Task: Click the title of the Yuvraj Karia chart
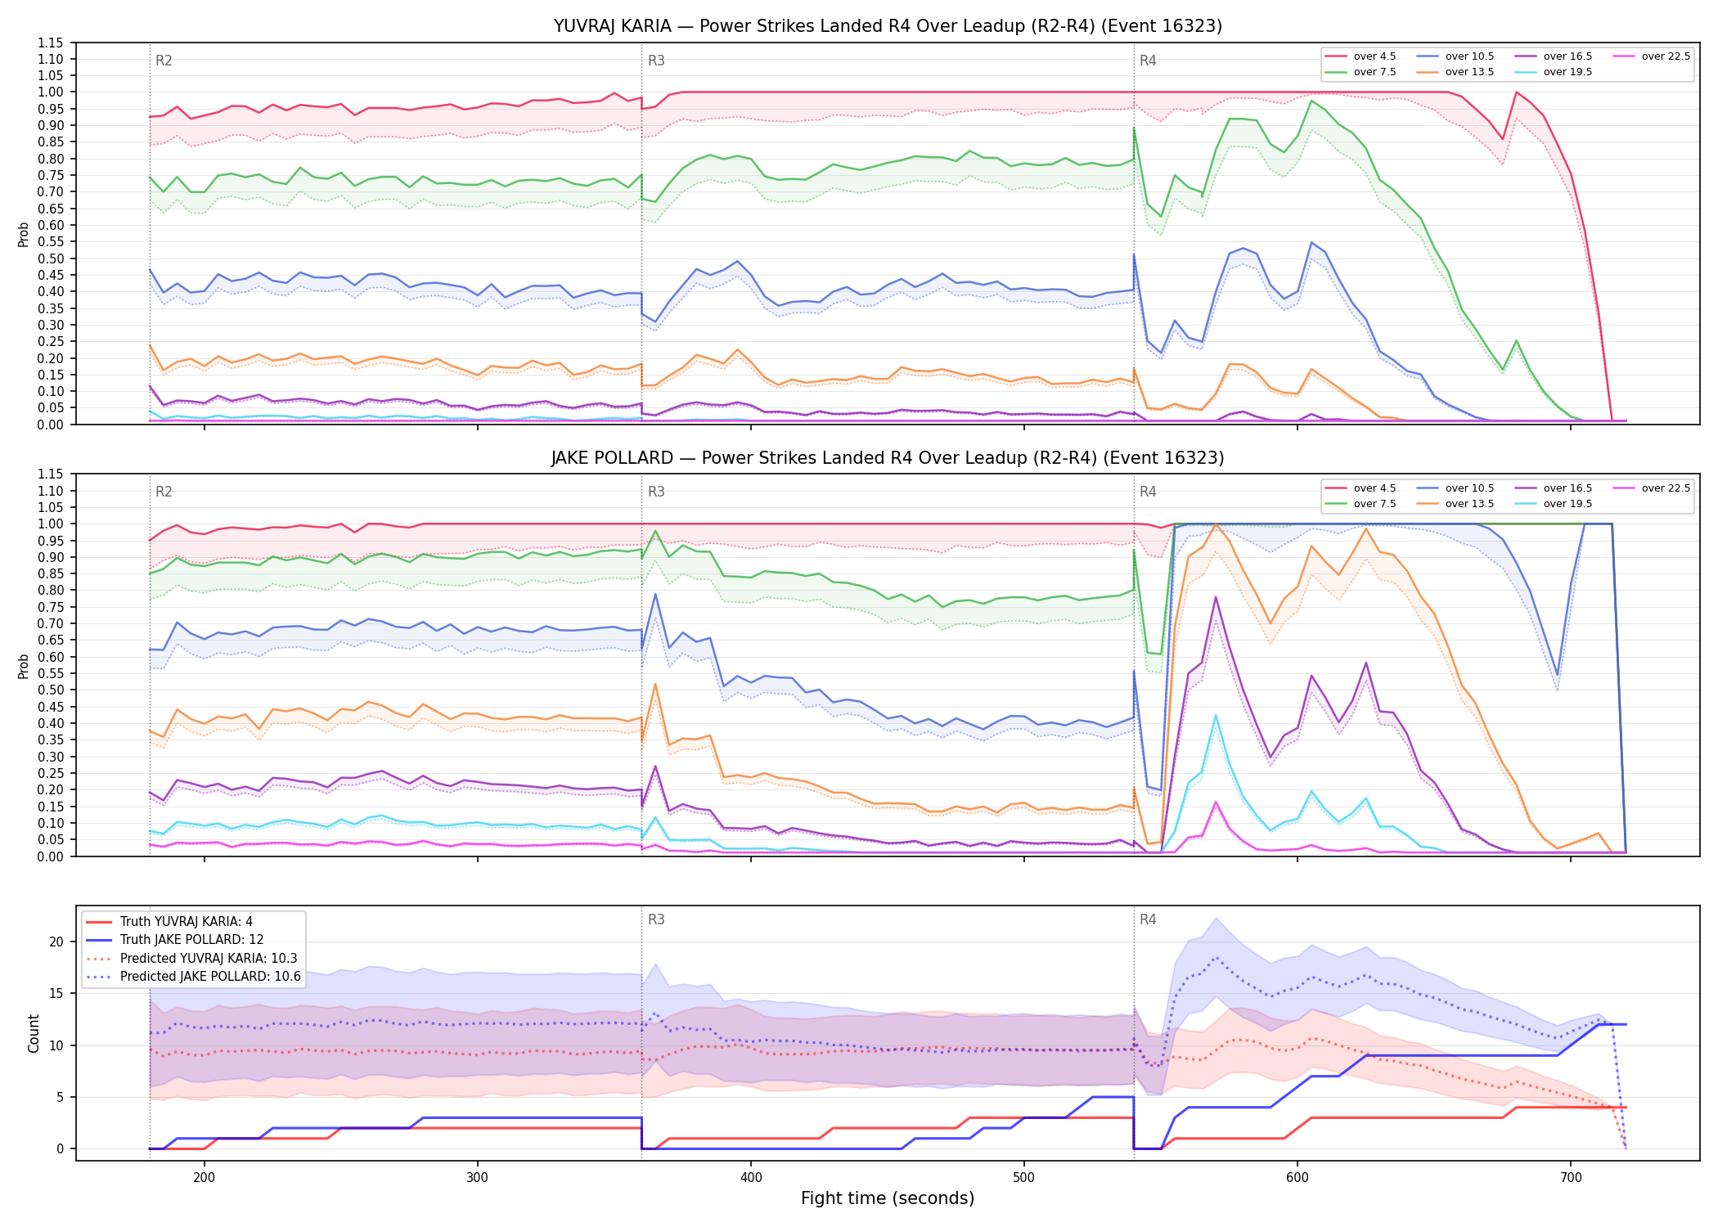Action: point(888,26)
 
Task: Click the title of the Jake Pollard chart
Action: point(888,458)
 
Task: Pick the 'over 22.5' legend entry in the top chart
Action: point(1652,56)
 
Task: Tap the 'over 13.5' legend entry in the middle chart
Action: point(1455,504)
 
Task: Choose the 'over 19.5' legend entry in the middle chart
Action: point(1554,504)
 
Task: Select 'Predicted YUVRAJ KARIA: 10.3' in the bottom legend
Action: point(192,958)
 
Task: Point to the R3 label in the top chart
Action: point(656,61)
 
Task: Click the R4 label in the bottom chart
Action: point(1148,919)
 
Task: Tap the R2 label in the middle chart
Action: point(164,492)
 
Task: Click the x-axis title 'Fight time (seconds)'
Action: point(888,1198)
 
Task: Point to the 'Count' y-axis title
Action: point(34,1033)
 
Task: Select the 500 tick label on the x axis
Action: point(1023,1178)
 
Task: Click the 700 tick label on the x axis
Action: point(1571,1178)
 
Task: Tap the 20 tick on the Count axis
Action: point(56,942)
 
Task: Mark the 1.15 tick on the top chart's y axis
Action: point(50,43)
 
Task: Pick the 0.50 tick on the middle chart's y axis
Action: point(50,690)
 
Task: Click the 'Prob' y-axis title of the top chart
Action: point(24,234)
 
